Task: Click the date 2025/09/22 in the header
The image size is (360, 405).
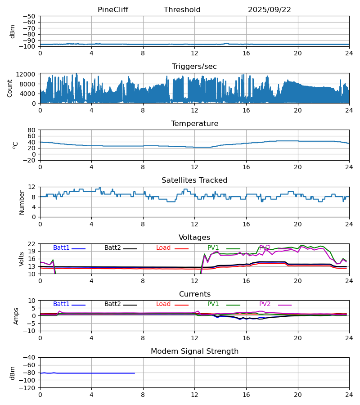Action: click(270, 10)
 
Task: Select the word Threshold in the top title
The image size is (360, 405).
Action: click(182, 10)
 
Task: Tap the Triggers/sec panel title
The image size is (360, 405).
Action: click(194, 67)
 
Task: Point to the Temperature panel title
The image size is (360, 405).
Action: click(194, 124)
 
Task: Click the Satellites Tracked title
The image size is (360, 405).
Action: click(194, 180)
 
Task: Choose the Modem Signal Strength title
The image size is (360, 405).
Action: click(194, 351)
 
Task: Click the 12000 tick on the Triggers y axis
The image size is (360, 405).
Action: click(27, 74)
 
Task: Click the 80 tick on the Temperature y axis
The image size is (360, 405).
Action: click(32, 130)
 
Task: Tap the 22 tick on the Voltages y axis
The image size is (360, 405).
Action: click(32, 244)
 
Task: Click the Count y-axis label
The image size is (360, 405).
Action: click(10, 88)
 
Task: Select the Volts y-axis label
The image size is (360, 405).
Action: click(22, 259)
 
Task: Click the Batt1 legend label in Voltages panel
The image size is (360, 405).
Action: click(61, 248)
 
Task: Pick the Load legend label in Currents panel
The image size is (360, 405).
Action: click(163, 304)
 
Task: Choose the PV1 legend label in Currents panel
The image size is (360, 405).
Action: click(213, 304)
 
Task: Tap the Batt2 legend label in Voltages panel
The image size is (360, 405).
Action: click(112, 248)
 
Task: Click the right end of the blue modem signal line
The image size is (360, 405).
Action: click(135, 373)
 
